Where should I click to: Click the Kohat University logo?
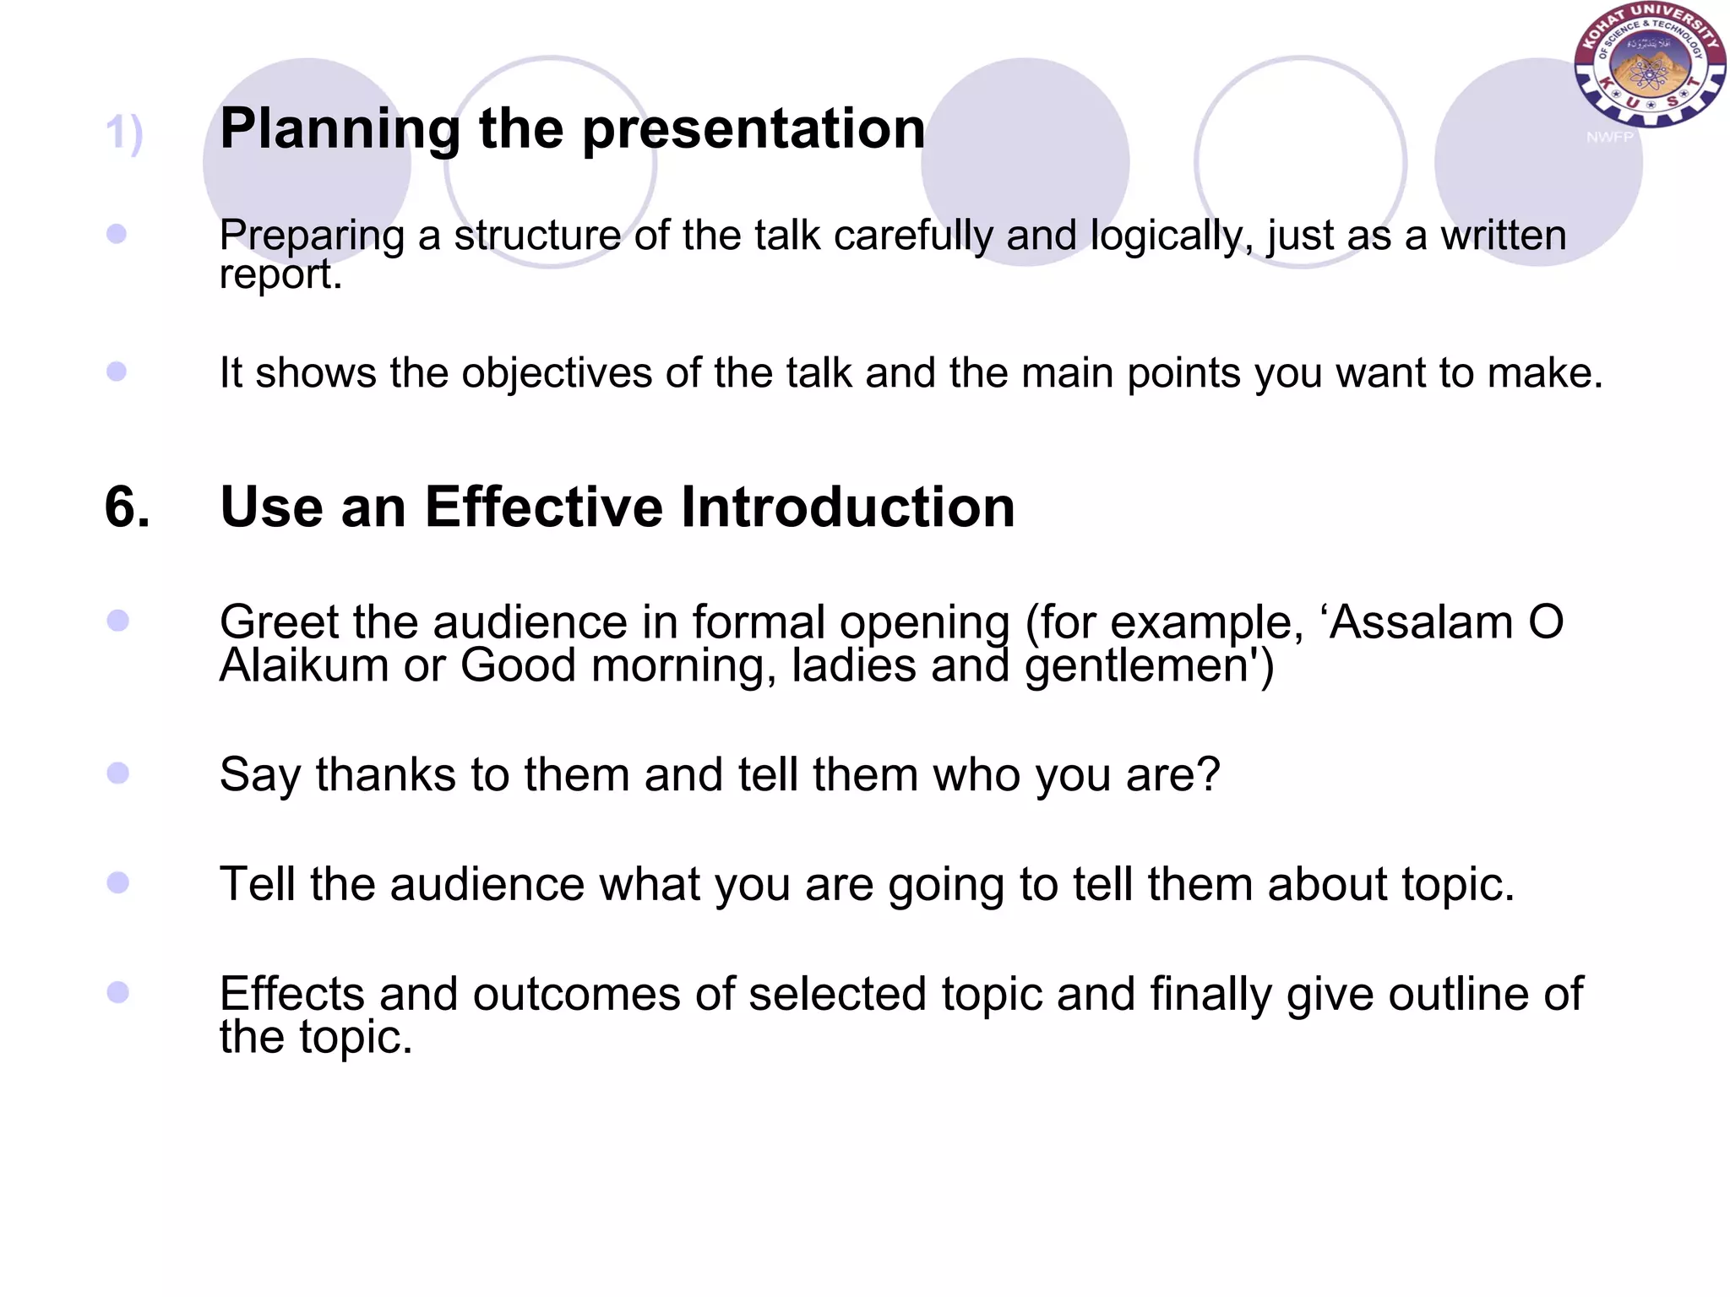tap(1650, 65)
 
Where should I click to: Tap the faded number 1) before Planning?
tap(124, 133)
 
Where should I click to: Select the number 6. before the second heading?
tap(128, 507)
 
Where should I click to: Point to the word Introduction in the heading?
tap(848, 507)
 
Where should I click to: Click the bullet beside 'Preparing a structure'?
tap(117, 234)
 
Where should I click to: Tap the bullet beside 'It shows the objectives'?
tap(117, 372)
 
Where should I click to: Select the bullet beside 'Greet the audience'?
tap(117, 621)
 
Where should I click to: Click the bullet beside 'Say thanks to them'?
tap(117, 773)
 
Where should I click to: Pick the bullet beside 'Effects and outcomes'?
tap(117, 992)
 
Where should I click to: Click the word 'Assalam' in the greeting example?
tap(1420, 623)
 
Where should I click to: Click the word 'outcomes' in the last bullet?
tap(576, 994)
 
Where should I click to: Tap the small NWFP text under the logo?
tap(1609, 137)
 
